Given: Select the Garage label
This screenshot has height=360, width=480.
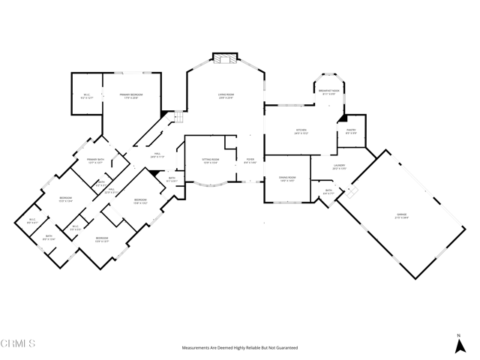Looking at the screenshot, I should pos(402,215).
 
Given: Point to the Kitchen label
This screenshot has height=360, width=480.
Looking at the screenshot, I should pos(301,131).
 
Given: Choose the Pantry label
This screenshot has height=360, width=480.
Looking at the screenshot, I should pos(351,131).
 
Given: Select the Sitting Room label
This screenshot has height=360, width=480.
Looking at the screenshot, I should pos(210,160).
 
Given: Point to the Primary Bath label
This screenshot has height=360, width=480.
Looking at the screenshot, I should pos(95,160).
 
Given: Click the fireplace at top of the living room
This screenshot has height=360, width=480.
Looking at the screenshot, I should pos(224,57).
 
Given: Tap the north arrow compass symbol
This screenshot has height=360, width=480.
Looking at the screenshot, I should pos(459,345).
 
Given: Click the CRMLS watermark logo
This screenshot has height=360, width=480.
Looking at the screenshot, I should pos(19,344).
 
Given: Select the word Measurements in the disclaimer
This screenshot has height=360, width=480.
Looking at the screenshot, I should pos(196,348).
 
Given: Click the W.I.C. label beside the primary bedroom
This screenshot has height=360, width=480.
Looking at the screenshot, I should pos(86,94).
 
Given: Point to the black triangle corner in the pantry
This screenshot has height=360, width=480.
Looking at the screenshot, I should pos(341,118).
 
